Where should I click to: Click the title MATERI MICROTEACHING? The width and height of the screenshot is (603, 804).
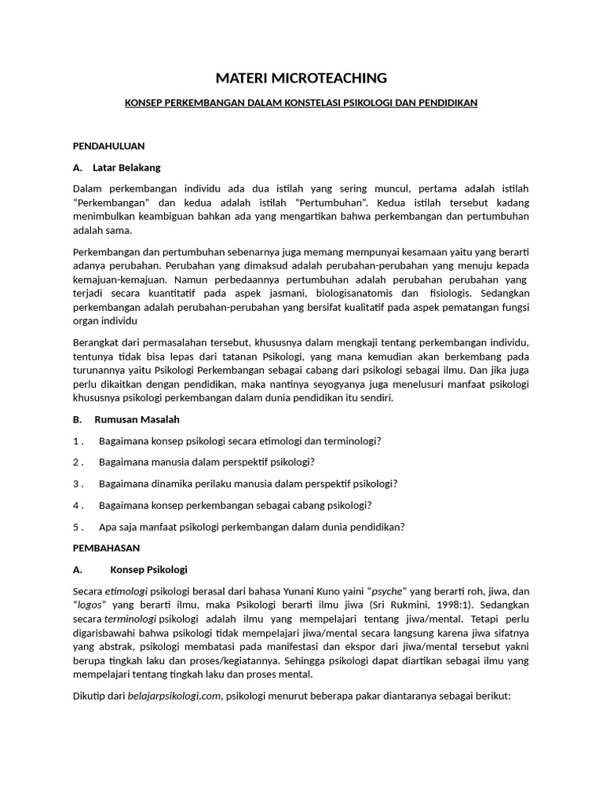(x=301, y=78)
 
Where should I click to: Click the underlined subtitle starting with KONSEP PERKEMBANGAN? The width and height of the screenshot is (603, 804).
(x=301, y=103)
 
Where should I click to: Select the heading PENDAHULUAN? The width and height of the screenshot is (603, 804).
(x=108, y=146)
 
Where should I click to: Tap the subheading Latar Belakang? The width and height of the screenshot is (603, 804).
(x=126, y=167)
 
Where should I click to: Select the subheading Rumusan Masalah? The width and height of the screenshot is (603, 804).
(x=137, y=419)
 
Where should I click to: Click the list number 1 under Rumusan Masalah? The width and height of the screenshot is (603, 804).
(x=78, y=441)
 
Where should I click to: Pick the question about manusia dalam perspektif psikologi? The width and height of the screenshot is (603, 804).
(x=206, y=462)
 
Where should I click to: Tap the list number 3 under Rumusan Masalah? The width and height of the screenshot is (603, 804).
(x=78, y=484)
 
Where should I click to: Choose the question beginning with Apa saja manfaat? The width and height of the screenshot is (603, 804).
(x=251, y=527)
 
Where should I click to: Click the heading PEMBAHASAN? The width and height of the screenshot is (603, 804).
(x=106, y=547)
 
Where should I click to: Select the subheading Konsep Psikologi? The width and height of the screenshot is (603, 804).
(x=148, y=569)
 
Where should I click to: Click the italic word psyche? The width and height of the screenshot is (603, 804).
(x=389, y=591)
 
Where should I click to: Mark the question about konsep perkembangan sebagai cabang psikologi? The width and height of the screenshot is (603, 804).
(x=235, y=505)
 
